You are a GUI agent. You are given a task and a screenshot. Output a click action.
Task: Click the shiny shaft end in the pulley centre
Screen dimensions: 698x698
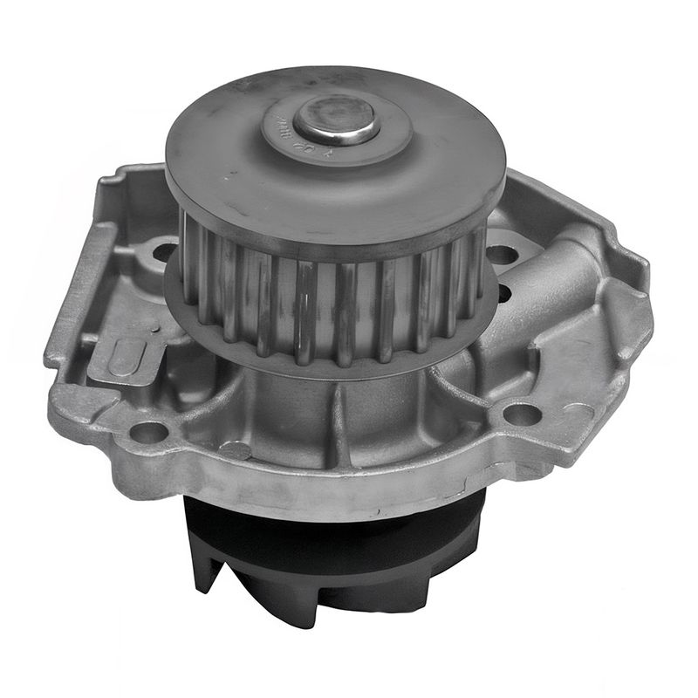coord(337,120)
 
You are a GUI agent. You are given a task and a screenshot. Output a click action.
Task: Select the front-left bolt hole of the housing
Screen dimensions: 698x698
coord(147,431)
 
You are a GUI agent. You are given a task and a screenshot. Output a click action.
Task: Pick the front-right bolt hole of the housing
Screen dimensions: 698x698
coord(521,414)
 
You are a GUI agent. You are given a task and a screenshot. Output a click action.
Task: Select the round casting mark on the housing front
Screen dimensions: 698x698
coord(236,449)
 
